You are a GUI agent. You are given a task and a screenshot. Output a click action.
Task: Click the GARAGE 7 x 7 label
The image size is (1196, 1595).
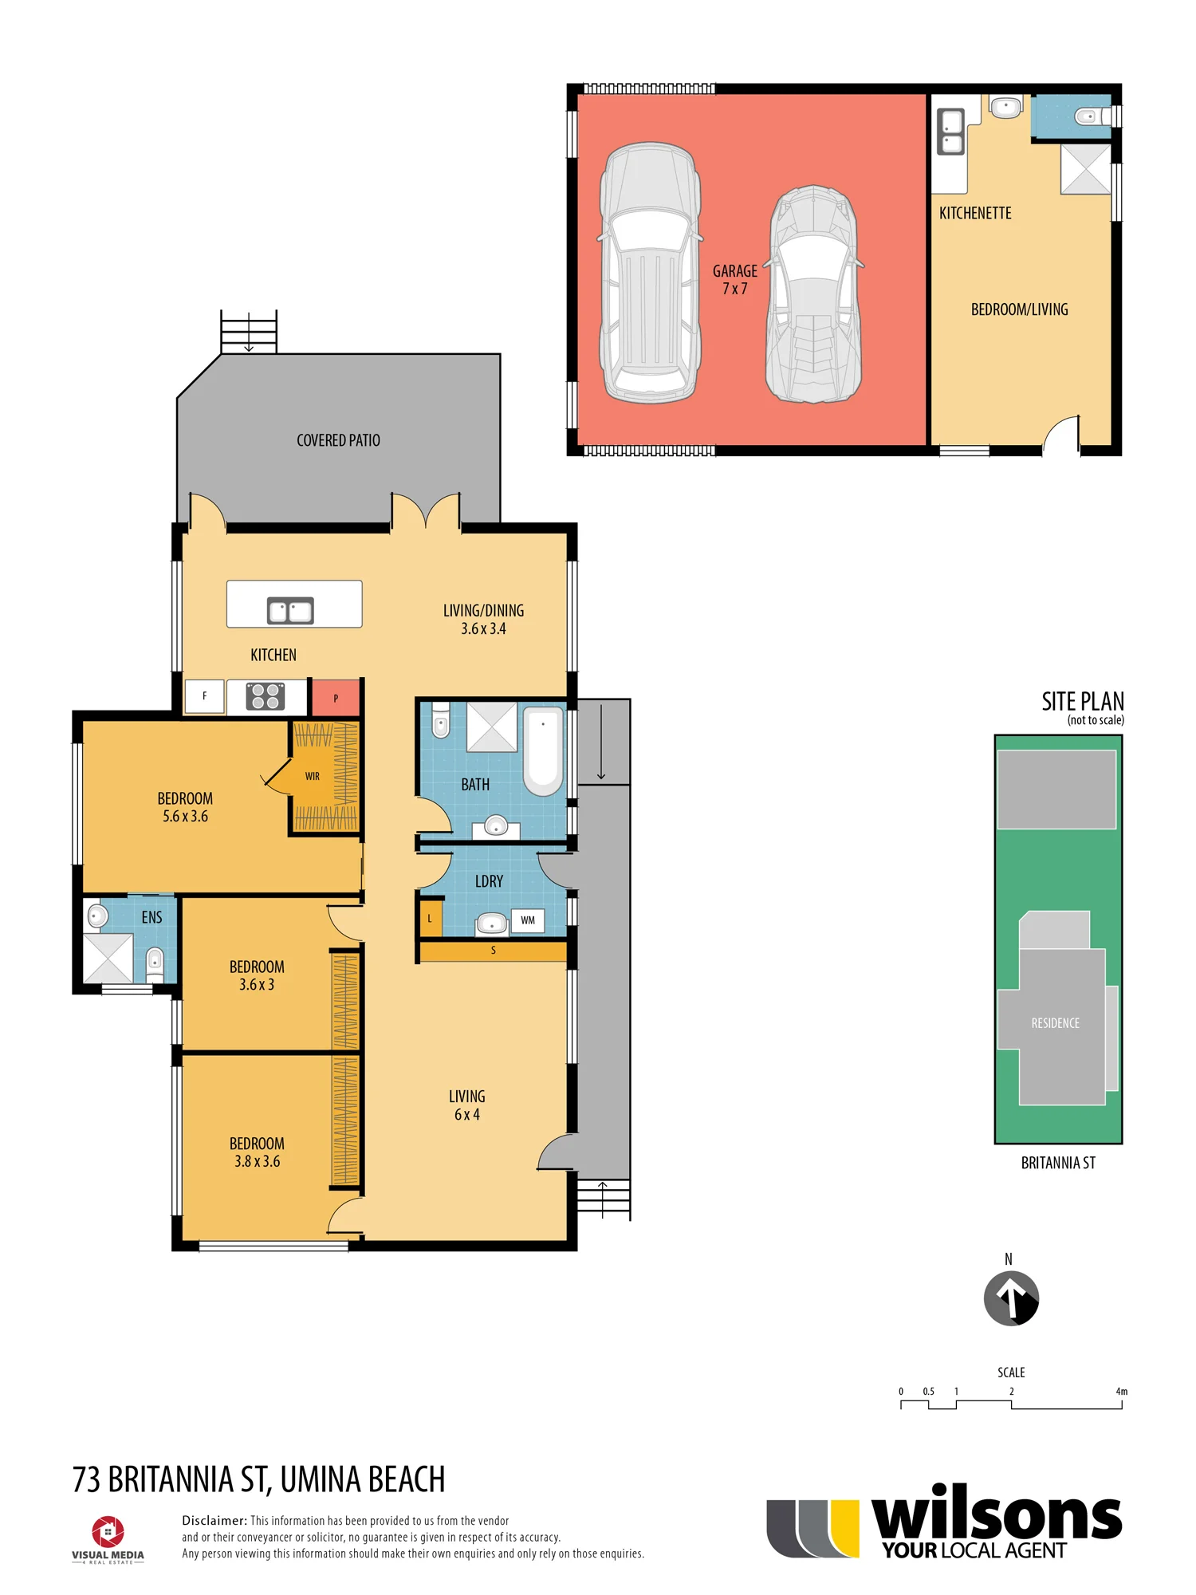(x=734, y=280)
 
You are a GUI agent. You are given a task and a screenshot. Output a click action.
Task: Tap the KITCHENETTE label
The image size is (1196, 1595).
(x=975, y=213)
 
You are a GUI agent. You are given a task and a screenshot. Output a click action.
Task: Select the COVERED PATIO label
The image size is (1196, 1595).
(x=338, y=440)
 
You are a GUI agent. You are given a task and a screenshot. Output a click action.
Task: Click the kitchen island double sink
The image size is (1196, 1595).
(x=290, y=611)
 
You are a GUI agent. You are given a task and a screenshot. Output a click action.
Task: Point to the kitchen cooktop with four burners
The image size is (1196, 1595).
(x=266, y=696)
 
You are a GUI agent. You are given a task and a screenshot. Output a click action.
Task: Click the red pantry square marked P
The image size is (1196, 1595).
(x=335, y=698)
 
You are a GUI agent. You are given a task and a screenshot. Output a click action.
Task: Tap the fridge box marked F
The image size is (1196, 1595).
(x=204, y=696)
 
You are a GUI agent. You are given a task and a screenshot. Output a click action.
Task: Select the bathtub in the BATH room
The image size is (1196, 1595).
(x=543, y=750)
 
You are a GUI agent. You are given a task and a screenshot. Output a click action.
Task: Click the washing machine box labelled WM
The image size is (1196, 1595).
(x=528, y=920)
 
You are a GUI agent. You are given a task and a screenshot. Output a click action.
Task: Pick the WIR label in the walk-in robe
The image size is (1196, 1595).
(x=313, y=776)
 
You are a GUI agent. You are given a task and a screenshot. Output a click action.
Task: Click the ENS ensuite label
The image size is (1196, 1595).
(x=151, y=917)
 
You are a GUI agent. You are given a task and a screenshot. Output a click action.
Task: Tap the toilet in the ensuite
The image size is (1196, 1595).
(x=155, y=964)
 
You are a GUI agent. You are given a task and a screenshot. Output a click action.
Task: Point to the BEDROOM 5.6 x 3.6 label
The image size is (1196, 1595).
(x=185, y=807)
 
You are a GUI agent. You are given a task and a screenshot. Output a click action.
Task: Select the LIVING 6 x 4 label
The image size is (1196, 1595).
(x=466, y=1105)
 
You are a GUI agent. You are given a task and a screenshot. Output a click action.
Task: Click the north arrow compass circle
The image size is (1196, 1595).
(x=1011, y=1298)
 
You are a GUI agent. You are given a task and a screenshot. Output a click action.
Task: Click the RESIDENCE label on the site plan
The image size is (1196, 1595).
(x=1055, y=1023)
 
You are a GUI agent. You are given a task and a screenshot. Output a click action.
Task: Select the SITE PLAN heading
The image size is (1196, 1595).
(x=1083, y=701)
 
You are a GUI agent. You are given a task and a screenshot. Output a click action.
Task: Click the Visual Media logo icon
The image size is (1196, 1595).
(x=108, y=1532)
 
